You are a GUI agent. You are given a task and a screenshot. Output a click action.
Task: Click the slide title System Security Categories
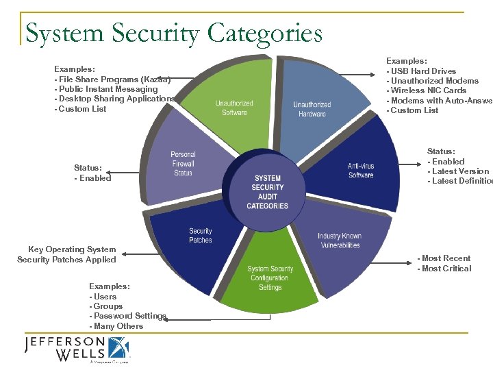(173, 32)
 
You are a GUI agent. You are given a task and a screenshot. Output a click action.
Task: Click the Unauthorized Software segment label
(234, 108)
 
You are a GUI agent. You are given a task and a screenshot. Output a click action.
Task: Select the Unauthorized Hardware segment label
(312, 109)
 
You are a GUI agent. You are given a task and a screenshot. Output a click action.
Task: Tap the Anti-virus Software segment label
(361, 171)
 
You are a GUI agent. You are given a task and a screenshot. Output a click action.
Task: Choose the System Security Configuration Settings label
(270, 278)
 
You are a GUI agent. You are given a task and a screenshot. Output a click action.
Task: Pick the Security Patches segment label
(201, 236)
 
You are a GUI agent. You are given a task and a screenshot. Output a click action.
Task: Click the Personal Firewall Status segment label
(183, 164)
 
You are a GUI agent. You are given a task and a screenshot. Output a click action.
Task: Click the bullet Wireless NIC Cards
(428, 90)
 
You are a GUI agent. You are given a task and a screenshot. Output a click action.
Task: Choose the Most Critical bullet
(445, 269)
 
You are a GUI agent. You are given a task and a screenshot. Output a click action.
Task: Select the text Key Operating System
(72, 249)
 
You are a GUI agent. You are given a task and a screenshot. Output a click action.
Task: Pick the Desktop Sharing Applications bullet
(115, 99)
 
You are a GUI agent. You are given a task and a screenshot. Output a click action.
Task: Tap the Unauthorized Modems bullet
(433, 81)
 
